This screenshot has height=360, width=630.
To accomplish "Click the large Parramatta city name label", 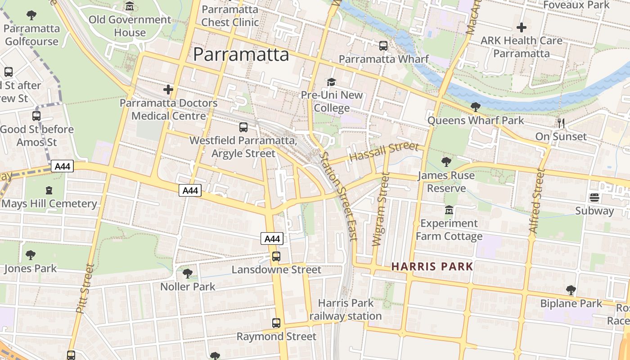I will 241,54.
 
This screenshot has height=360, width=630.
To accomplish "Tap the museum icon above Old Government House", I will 130,6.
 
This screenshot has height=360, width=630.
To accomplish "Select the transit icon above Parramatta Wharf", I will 383,45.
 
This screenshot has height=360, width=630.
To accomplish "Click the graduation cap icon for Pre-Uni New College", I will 332,82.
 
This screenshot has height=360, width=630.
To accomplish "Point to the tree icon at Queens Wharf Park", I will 475,107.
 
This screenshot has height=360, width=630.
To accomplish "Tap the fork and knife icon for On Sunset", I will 561,123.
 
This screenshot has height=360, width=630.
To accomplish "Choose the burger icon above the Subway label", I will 594,198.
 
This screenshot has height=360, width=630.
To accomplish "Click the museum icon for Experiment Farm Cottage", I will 449,210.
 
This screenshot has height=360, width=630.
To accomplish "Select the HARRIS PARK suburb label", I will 432,266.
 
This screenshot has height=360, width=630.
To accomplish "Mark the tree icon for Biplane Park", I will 571,290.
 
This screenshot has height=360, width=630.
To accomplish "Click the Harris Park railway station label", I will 345,310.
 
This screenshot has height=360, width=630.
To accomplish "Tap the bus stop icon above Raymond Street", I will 276,323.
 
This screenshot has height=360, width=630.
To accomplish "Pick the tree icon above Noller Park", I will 188,273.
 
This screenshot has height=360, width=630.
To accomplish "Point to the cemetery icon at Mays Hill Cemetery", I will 49,190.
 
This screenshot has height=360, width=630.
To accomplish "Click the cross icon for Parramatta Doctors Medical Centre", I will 168,90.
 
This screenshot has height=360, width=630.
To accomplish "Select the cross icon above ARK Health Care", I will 521,27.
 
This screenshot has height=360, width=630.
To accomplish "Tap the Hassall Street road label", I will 384,153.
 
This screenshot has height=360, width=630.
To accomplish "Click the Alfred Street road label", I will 535,201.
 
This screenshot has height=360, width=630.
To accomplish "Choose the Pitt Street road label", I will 85,288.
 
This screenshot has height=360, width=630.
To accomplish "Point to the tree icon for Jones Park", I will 30,255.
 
